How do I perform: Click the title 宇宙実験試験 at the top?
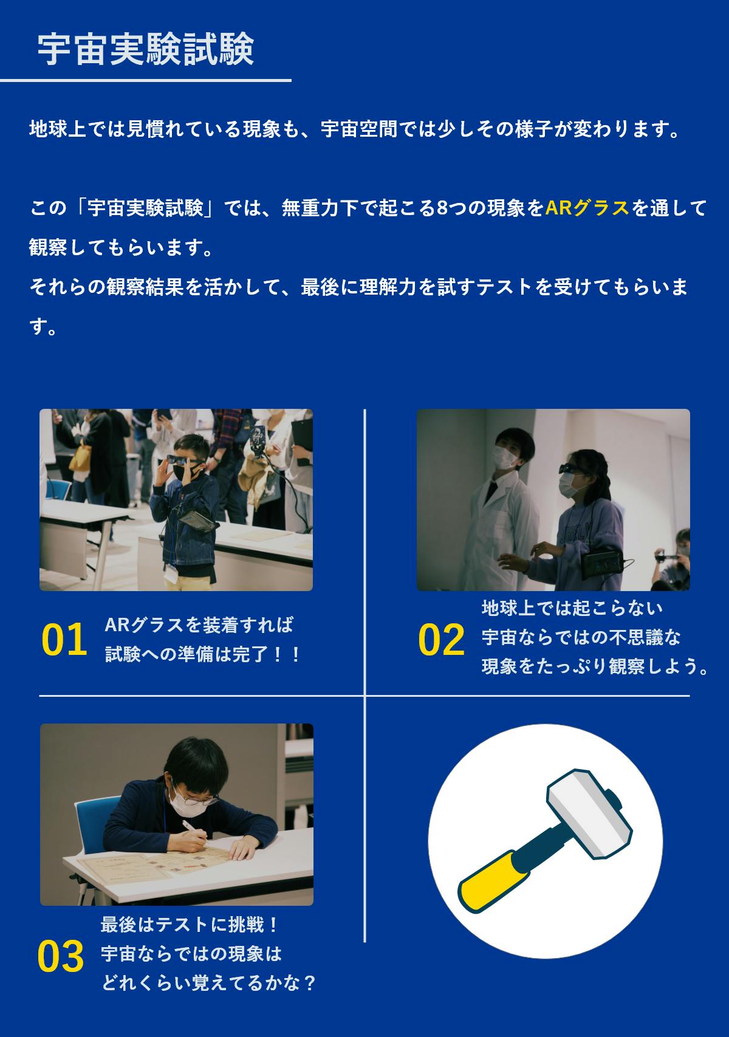tap(146, 49)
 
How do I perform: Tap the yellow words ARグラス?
tap(587, 208)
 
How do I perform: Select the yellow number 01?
tap(64, 639)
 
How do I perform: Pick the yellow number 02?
tap(441, 639)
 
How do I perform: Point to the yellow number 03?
tap(61, 956)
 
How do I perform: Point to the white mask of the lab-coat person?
tap(504, 457)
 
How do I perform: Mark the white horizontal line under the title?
tap(145, 81)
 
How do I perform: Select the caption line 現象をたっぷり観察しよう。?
tap(595, 666)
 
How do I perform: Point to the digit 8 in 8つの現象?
tap(442, 208)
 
